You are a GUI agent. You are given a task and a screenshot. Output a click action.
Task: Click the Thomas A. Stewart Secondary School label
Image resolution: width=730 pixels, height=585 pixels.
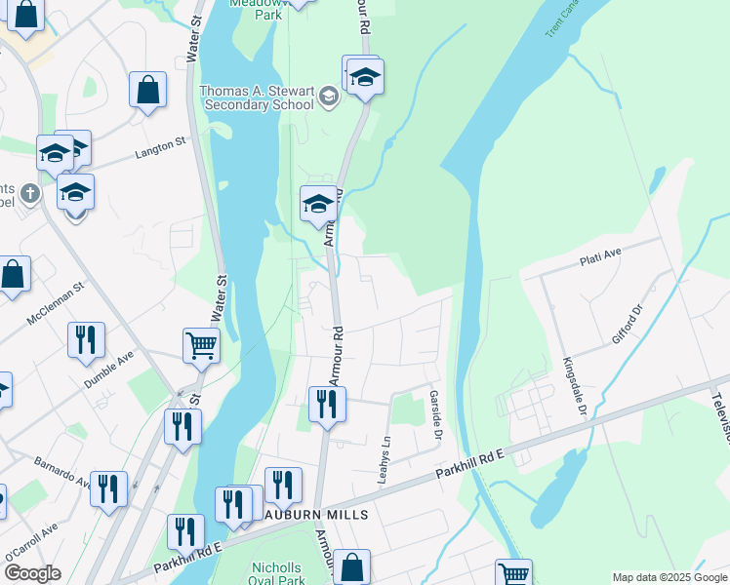[258, 98]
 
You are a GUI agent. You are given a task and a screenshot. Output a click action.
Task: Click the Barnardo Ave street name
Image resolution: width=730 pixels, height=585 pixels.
[61, 470]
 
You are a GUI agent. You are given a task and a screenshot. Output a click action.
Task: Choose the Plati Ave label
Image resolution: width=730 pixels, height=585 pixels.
[600, 258]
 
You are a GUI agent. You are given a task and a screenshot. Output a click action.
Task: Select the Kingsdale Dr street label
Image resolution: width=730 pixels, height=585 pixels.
[573, 388]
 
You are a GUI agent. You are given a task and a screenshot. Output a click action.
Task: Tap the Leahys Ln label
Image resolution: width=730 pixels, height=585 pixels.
[385, 461]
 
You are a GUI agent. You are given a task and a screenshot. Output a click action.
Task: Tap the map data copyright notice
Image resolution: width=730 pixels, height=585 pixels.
[669, 577]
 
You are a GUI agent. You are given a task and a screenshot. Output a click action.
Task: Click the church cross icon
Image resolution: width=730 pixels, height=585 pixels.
[29, 192]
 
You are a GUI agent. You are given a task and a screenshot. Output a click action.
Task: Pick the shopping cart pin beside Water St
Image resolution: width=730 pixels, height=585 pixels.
[200, 344]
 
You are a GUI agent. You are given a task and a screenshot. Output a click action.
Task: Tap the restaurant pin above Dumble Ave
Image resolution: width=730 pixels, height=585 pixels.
[86, 339]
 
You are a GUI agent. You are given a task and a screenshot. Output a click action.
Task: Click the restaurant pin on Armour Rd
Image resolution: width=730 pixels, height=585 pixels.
[327, 404]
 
